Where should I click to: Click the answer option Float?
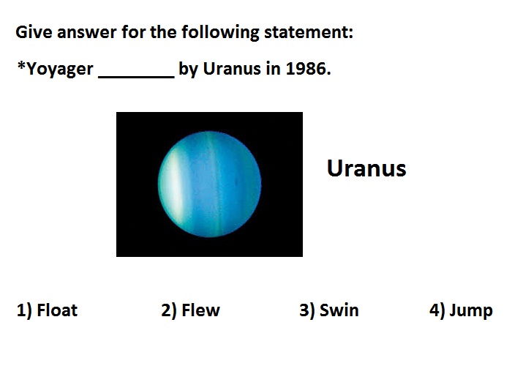click(57, 310)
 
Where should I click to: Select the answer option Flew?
click(201, 310)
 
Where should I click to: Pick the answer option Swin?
click(339, 310)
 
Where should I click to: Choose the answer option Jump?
click(471, 310)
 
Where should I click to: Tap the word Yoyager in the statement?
click(60, 70)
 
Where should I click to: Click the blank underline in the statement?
click(137, 77)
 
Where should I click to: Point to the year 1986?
click(308, 69)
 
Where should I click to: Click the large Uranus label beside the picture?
click(366, 168)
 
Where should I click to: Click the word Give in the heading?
click(34, 32)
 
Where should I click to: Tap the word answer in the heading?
click(86, 33)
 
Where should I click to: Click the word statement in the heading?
click(308, 32)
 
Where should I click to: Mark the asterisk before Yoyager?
click(21, 65)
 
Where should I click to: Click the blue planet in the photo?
click(209, 184)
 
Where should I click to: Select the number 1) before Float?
click(24, 310)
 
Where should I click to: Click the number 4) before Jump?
click(437, 310)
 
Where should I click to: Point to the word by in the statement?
click(188, 70)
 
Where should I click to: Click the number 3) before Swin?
click(307, 310)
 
